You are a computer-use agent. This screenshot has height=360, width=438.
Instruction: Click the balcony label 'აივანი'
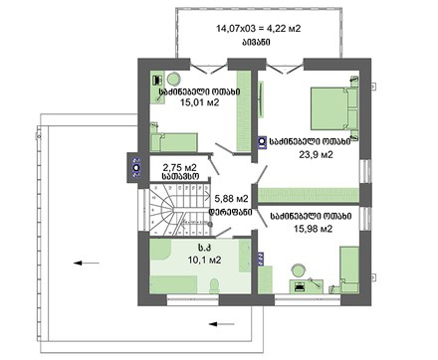[256, 43]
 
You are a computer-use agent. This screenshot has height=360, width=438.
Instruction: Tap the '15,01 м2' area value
[200, 102]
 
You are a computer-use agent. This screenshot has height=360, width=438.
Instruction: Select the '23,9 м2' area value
[316, 154]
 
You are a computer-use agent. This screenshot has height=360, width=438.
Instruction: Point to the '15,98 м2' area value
[313, 229]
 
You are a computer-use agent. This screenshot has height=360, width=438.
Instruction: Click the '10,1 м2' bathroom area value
[204, 261]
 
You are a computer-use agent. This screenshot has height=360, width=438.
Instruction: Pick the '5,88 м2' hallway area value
[232, 199]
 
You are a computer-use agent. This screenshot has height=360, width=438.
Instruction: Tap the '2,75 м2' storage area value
[180, 167]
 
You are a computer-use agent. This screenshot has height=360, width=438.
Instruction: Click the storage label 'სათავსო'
[180, 176]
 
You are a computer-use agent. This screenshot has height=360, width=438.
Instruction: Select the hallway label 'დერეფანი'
[230, 212]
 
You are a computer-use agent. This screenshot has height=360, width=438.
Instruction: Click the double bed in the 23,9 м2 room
[334, 108]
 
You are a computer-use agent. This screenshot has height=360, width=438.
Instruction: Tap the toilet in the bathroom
[214, 285]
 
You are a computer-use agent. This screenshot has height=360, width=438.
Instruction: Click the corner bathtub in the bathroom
[160, 250]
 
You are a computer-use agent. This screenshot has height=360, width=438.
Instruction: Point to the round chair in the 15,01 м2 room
[173, 80]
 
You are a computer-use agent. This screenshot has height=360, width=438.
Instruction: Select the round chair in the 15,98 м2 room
[299, 270]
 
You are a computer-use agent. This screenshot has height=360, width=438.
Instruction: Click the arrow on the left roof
[87, 264]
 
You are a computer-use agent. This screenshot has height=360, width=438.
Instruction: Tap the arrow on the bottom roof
[222, 324]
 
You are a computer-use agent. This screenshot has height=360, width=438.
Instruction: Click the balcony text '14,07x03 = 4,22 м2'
[259, 29]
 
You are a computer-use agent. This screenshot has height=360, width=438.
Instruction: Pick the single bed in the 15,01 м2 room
[174, 141]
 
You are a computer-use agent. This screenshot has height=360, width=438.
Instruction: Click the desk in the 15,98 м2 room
[307, 286]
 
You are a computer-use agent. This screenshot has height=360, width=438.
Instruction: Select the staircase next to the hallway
[179, 210]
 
